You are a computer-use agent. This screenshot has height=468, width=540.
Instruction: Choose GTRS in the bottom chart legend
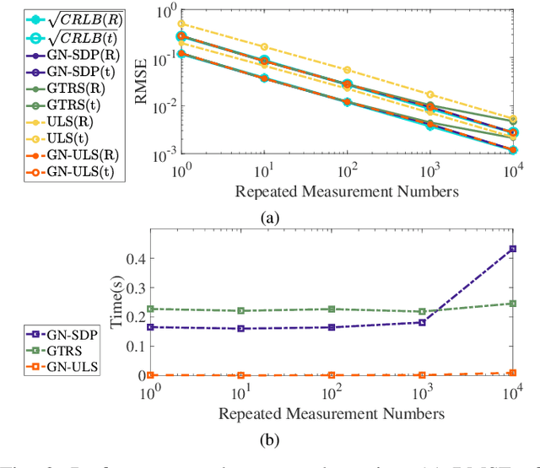pos(50,351)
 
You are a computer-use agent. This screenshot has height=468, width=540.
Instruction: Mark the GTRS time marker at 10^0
pos(151,309)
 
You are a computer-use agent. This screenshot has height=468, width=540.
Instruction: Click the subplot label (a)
pos(270,218)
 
